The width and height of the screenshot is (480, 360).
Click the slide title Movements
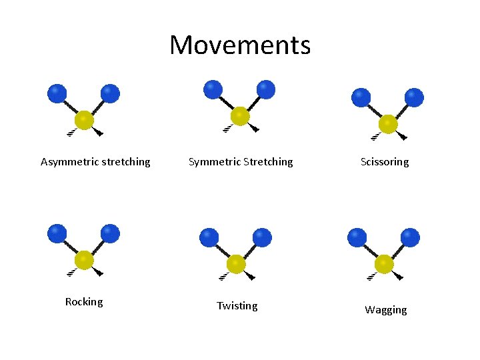pyautogui.click(x=240, y=45)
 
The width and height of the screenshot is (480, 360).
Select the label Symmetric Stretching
pyautogui.click(x=241, y=162)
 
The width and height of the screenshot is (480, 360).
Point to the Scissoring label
pyautogui.click(x=385, y=162)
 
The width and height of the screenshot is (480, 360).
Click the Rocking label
pyautogui.click(x=84, y=302)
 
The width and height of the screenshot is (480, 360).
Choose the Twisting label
pyautogui.click(x=237, y=306)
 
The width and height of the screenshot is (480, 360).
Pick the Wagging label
pyautogui.click(x=385, y=310)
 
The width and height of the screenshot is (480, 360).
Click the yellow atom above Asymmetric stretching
pyautogui.click(x=84, y=121)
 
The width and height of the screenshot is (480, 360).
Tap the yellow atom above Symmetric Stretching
pyautogui.click(x=239, y=117)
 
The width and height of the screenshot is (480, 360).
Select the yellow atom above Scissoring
pyautogui.click(x=388, y=124)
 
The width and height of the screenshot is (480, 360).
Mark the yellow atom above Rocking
pyautogui.click(x=84, y=259)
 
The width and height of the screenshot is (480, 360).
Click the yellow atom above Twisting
pyautogui.click(x=236, y=264)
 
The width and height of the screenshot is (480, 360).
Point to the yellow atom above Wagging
pyautogui.click(x=384, y=264)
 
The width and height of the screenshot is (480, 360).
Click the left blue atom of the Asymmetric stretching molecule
pyautogui.click(x=57, y=93)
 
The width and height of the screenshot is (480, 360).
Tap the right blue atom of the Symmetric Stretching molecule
pyautogui.click(x=266, y=89)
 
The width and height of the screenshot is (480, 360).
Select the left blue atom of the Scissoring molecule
pyautogui.click(x=361, y=97)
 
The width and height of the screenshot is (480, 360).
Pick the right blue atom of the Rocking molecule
pyautogui.click(x=111, y=233)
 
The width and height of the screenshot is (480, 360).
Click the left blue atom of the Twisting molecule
pyautogui.click(x=209, y=237)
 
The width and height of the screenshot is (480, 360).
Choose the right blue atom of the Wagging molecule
pyautogui.click(x=411, y=237)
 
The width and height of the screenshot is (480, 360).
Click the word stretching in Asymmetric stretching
pyautogui.click(x=123, y=162)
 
